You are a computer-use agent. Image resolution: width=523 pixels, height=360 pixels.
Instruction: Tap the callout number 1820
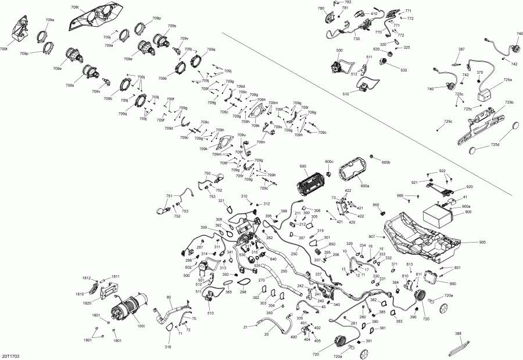(x=87, y=304)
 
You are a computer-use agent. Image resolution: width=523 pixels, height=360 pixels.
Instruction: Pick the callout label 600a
(x=364, y=186)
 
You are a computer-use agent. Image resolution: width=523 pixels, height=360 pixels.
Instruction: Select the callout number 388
(x=458, y=334)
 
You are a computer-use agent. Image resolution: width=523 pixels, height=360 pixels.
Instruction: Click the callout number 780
(x=321, y=9)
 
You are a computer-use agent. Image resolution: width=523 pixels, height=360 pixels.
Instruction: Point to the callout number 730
(x=356, y=38)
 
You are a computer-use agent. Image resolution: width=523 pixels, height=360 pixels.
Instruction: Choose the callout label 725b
(x=509, y=102)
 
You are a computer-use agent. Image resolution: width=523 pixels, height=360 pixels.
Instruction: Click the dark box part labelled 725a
(x=485, y=93)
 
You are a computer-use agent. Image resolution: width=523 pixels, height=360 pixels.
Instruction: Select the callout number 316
(x=168, y=347)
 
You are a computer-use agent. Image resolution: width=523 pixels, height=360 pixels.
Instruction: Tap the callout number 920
(x=469, y=187)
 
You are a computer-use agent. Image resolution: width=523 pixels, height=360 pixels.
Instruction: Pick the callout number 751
(x=169, y=196)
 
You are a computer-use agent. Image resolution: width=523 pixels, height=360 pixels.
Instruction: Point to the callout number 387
(x=461, y=49)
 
